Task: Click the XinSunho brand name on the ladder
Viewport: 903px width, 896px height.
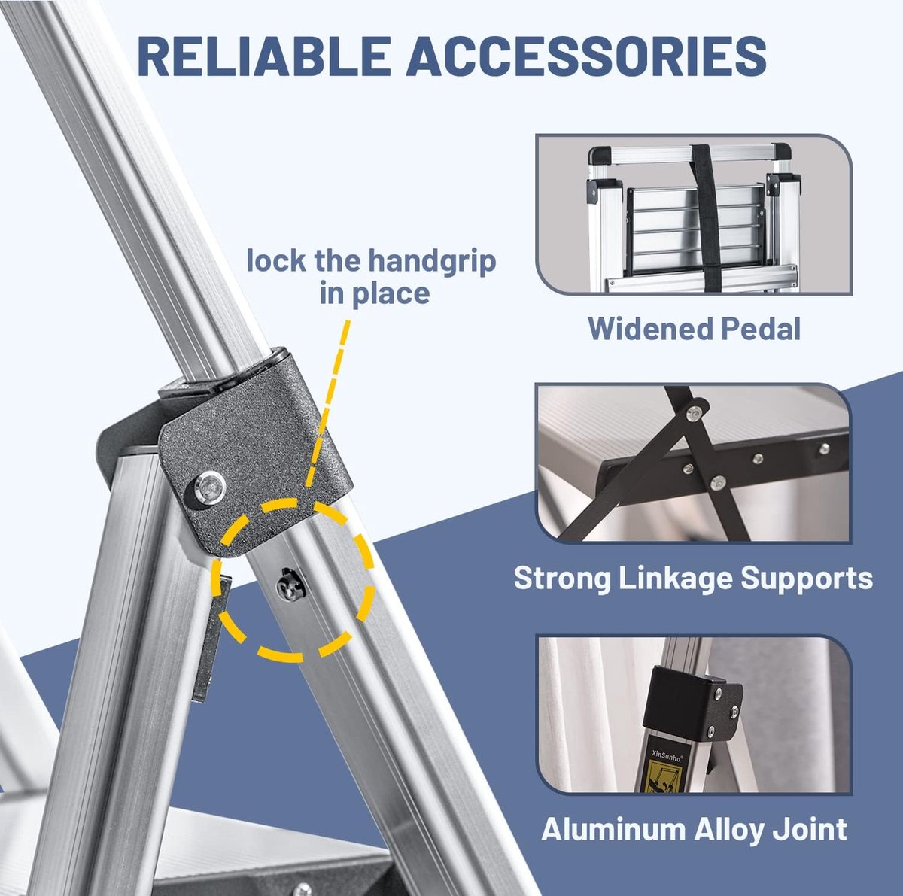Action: [667, 754]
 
